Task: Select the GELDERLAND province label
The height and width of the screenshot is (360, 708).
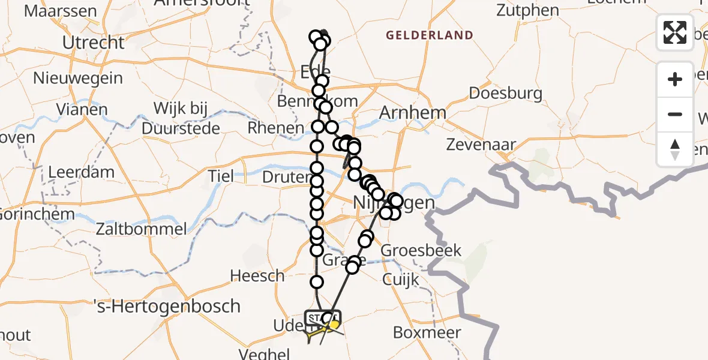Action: click(429, 35)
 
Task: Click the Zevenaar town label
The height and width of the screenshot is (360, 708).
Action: click(481, 145)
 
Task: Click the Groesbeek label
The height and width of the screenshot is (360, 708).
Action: click(421, 250)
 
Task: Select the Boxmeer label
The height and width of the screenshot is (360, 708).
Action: click(427, 332)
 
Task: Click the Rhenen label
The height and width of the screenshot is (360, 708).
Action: click(276, 128)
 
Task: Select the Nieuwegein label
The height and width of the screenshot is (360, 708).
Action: click(78, 78)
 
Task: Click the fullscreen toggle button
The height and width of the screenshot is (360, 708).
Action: click(675, 32)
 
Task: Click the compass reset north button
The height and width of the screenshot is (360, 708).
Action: click(675, 149)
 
